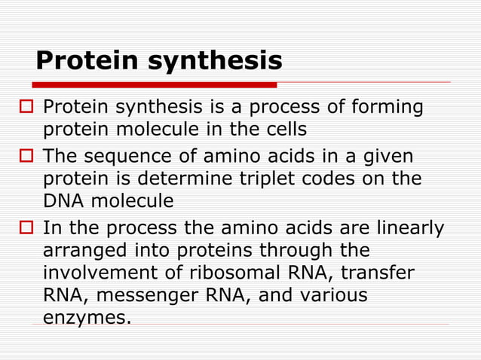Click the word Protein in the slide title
pos(87,60)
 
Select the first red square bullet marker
pos(24,108)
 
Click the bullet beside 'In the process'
pos(24,228)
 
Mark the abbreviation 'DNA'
pos(64,202)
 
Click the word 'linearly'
pos(404,227)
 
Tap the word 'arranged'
pos(84,250)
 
